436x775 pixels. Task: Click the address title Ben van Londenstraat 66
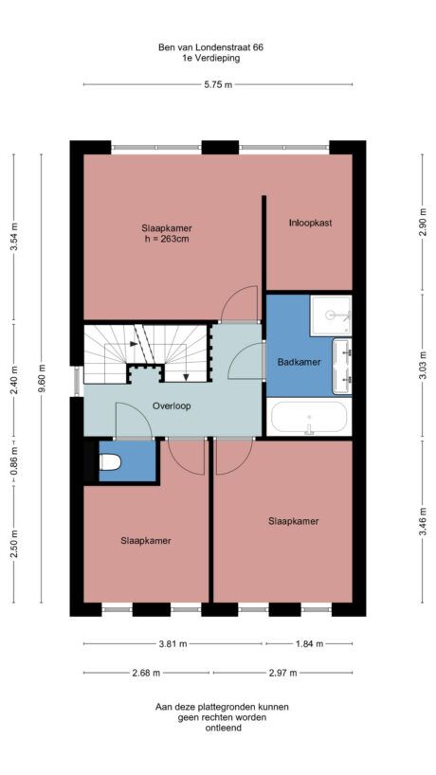[x=211, y=46]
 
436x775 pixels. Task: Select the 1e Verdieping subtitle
[x=211, y=58]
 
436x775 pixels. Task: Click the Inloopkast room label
[x=309, y=223]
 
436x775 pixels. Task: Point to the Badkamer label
[x=298, y=362]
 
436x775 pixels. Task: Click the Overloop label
[x=172, y=406]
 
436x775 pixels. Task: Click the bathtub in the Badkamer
[x=309, y=418]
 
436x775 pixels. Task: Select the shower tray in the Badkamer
[x=332, y=315]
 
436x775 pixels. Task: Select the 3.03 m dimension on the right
[x=423, y=364]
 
